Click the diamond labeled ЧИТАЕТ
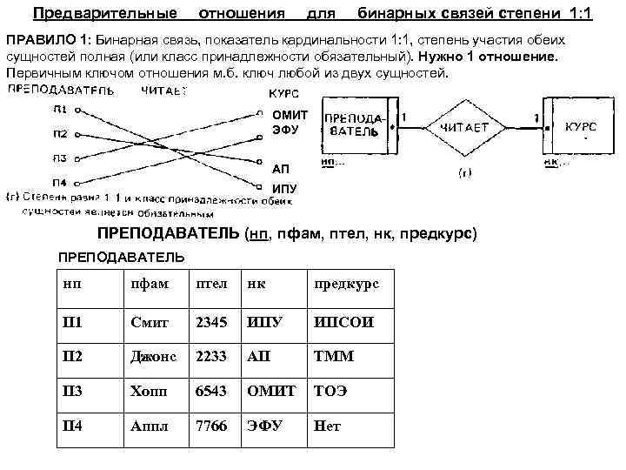pyautogui.click(x=463, y=128)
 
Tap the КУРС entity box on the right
pyautogui.click(x=580, y=127)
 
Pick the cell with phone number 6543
pyautogui.click(x=211, y=392)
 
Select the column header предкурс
pyautogui.click(x=346, y=285)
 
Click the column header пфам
pyautogui.click(x=146, y=285)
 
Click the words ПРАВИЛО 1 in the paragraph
pyautogui.click(x=47, y=42)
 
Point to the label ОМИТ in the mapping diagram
pyautogui.click(x=290, y=115)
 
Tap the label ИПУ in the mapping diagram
pyautogui.click(x=284, y=189)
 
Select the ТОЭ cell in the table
pyautogui.click(x=330, y=392)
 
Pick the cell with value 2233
pyautogui.click(x=211, y=357)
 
